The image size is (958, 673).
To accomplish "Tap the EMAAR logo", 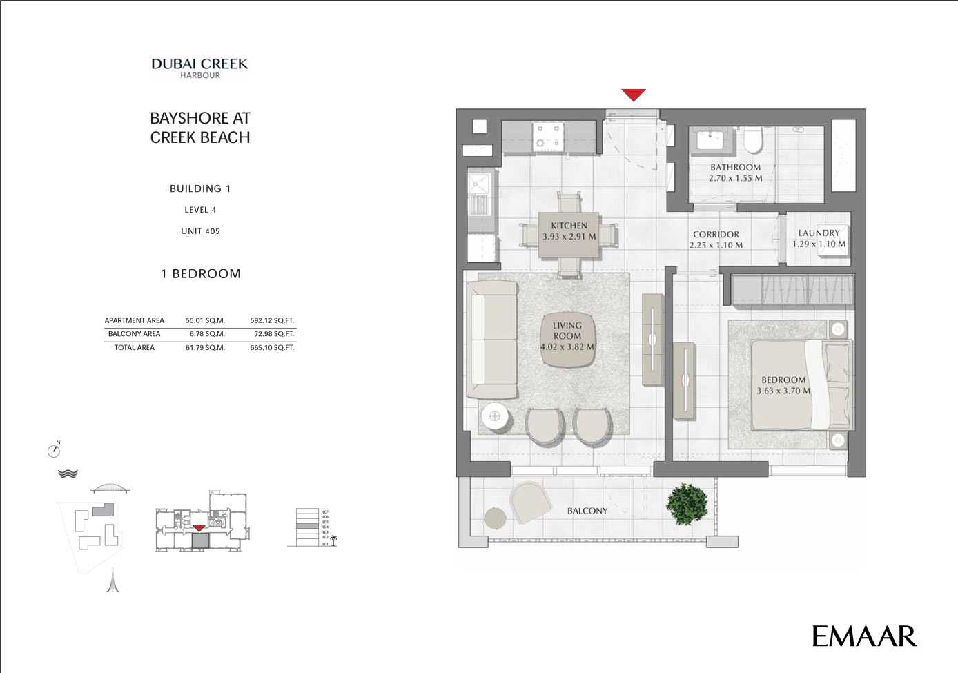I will pyautogui.click(x=863, y=636).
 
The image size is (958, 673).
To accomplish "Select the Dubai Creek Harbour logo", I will pyautogui.click(x=199, y=68).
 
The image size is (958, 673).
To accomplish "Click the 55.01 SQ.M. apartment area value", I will pyautogui.click(x=205, y=320).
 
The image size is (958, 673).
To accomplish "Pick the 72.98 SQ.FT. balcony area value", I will pyautogui.click(x=273, y=334).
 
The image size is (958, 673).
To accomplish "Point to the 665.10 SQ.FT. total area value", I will pyautogui.click(x=272, y=348).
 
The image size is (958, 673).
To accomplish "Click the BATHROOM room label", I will pyautogui.click(x=735, y=168).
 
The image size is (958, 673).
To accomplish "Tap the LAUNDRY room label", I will pyautogui.click(x=819, y=233).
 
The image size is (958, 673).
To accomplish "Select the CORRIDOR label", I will pyautogui.click(x=716, y=235).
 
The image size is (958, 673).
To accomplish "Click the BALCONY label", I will pyautogui.click(x=587, y=511).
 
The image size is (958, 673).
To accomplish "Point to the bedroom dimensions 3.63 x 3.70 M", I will pyautogui.click(x=783, y=391).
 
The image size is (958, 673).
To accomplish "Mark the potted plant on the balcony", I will pyautogui.click(x=687, y=504).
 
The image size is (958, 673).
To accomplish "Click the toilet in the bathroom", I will pyautogui.click(x=753, y=140).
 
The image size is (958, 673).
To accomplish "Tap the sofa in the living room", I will pyautogui.click(x=491, y=339).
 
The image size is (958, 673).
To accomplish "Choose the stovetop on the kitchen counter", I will pyautogui.click(x=549, y=135).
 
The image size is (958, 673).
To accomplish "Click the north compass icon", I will pyautogui.click(x=54, y=450).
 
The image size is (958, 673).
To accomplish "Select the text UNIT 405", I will pyautogui.click(x=200, y=231).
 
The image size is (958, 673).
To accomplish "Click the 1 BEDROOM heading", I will pyautogui.click(x=200, y=274).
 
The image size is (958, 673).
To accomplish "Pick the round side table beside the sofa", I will pyautogui.click(x=495, y=416).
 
